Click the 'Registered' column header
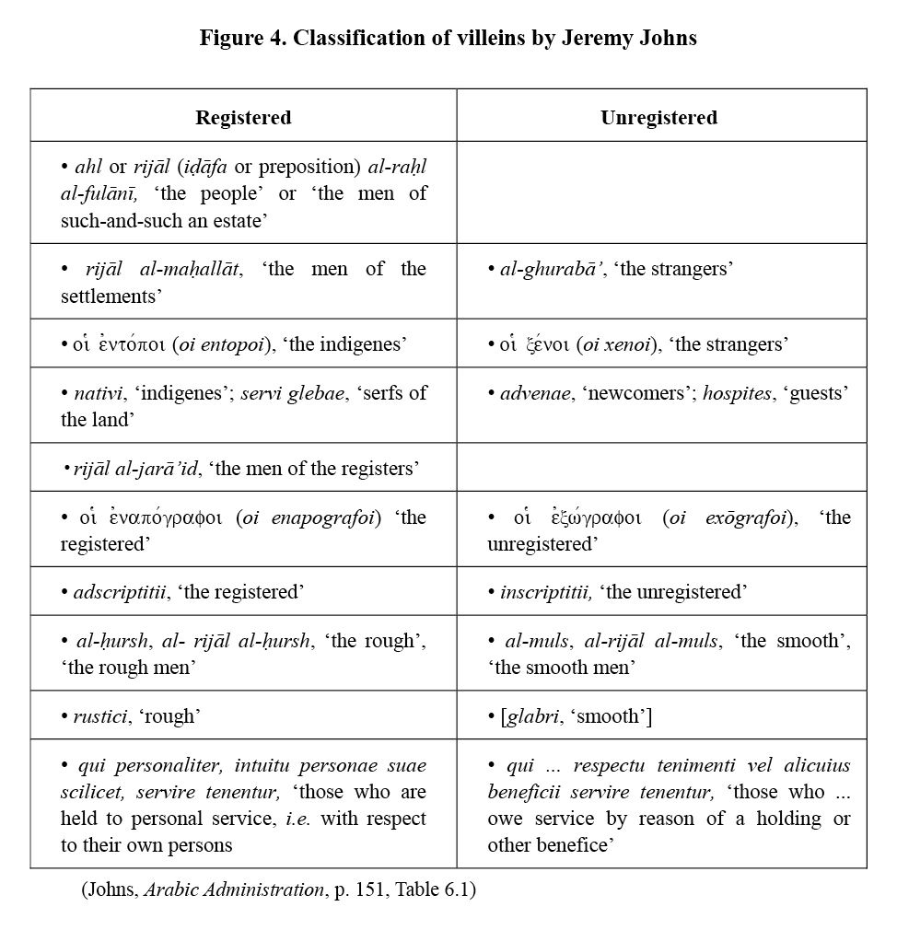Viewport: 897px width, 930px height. coord(243,117)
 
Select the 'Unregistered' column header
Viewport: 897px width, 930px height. coord(658,117)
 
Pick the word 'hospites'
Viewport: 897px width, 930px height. coord(738,393)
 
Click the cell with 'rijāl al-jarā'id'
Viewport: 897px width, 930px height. coord(243,469)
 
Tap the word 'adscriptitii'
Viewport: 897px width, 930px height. coord(120,592)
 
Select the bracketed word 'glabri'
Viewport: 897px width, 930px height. coord(533,715)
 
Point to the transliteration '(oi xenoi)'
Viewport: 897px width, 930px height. coord(615,345)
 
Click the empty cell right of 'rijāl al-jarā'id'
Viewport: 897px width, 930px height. coord(661,469)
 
